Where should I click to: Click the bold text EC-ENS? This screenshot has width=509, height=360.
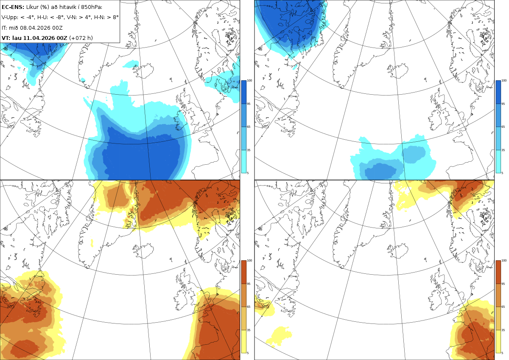[13, 7]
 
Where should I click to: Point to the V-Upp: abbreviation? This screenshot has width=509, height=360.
[9, 17]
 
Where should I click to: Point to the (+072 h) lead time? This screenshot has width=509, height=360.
[81, 38]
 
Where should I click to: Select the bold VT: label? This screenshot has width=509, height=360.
[6, 38]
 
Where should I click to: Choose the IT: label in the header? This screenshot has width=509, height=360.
[4, 28]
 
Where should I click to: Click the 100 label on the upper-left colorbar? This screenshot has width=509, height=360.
[249, 81]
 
